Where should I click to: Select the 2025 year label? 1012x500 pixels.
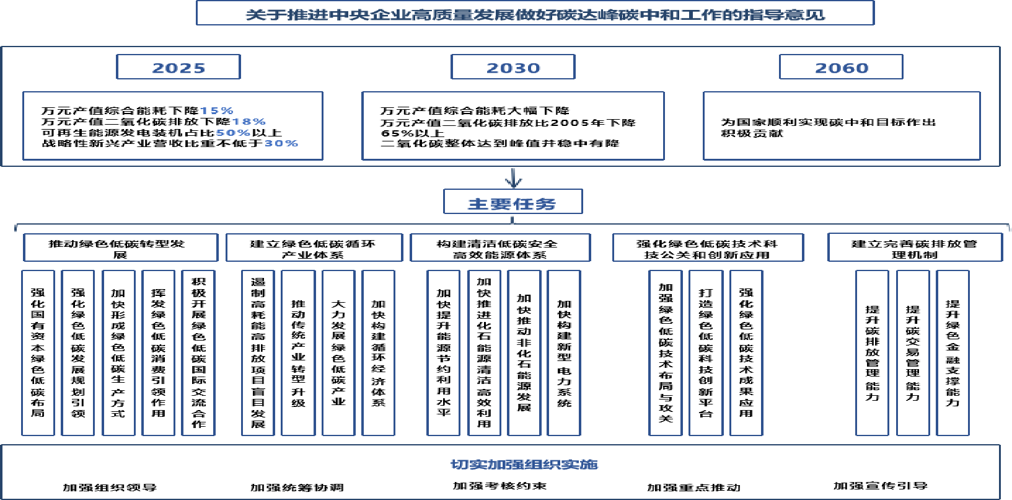[178, 68]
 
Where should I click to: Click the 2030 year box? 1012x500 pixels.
[513, 68]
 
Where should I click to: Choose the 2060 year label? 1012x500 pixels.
[841, 68]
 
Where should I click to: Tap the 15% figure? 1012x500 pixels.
[216, 110]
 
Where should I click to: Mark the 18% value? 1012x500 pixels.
[249, 122]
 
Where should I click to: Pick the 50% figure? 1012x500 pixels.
[233, 133]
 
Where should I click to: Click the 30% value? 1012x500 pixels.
[281, 143]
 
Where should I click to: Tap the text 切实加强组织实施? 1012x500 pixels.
[524, 464]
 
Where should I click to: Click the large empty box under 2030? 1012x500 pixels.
[513, 126]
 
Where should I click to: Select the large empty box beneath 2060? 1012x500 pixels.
[842, 126]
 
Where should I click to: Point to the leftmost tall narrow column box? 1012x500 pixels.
[38, 353]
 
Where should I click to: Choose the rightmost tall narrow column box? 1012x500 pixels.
[953, 353]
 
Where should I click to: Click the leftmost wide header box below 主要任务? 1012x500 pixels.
[121, 248]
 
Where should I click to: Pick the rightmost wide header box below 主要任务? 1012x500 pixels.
[915, 248]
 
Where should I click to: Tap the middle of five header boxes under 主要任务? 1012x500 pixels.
[500, 248]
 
